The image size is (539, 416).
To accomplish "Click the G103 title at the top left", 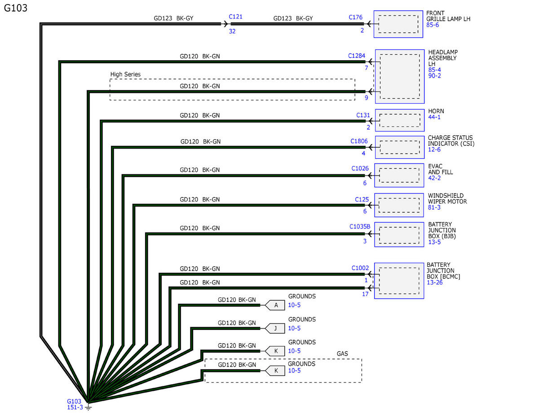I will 15,8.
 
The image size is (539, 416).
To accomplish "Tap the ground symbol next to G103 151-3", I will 88,406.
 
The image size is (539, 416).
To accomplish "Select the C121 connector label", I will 235,17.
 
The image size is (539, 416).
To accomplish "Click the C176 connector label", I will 355,18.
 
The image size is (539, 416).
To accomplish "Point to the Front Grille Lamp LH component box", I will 399,24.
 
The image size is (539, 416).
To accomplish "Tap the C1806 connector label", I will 359,141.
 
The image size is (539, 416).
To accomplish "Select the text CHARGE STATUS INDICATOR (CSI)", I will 450,141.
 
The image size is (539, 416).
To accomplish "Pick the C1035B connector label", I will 360,226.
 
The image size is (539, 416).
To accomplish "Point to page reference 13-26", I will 435,282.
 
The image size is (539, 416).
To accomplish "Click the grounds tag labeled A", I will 275,305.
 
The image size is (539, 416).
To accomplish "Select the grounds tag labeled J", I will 275,328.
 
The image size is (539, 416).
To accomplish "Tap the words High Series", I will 125,74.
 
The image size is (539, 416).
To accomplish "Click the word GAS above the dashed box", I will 342,354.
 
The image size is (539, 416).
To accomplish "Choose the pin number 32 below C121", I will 232,31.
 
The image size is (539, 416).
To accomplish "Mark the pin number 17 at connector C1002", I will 365,294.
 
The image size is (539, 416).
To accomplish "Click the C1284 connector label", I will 357,56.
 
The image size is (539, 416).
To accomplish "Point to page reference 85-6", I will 433,25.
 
